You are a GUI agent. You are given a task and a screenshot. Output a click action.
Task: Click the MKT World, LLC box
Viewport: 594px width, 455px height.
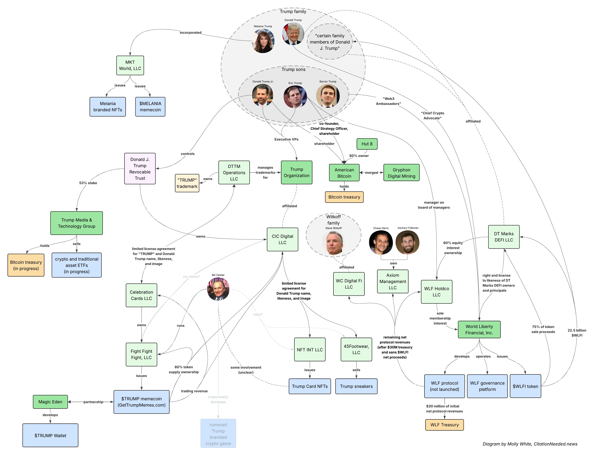click(x=130, y=65)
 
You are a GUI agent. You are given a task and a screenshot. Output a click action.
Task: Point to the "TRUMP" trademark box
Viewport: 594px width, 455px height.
click(x=187, y=183)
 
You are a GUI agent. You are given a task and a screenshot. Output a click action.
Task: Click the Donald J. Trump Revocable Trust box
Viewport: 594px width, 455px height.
click(x=140, y=168)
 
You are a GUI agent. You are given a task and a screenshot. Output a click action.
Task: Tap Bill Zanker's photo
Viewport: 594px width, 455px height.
click(x=218, y=289)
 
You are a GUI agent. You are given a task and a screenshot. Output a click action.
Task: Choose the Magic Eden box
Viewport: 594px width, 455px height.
click(x=50, y=402)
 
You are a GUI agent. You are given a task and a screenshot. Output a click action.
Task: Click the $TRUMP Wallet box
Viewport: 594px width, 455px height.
click(x=50, y=435)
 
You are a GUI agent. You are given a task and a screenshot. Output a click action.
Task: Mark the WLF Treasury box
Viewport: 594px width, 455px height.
click(x=445, y=425)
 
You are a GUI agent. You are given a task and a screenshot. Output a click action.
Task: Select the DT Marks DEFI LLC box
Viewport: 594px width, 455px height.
click(x=504, y=237)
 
